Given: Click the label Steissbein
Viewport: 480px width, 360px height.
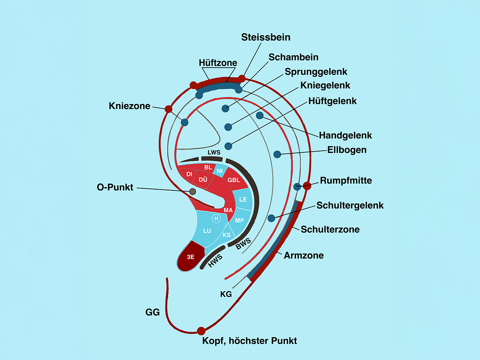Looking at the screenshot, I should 266,37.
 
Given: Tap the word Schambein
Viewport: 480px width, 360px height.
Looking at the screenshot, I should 293,57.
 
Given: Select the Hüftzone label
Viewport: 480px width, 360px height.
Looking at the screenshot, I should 218,63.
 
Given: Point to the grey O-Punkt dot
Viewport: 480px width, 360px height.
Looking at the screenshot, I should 192,192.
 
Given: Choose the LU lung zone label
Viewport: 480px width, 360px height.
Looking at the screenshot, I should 207,231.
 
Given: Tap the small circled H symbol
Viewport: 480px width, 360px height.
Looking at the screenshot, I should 216,218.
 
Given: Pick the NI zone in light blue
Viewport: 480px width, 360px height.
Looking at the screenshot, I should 219,171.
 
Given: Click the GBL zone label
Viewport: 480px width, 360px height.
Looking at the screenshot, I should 234,180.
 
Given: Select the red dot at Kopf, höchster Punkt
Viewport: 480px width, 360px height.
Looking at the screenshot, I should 201,331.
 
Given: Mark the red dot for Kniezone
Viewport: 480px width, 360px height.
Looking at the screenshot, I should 168,109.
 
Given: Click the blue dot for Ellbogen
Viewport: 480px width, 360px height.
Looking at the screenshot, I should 277,154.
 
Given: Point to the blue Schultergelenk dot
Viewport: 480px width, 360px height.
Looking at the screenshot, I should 271,218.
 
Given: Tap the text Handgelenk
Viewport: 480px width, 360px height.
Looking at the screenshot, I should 345,136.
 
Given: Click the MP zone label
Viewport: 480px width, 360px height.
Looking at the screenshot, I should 240,220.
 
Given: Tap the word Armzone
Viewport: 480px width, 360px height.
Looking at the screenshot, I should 304,255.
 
